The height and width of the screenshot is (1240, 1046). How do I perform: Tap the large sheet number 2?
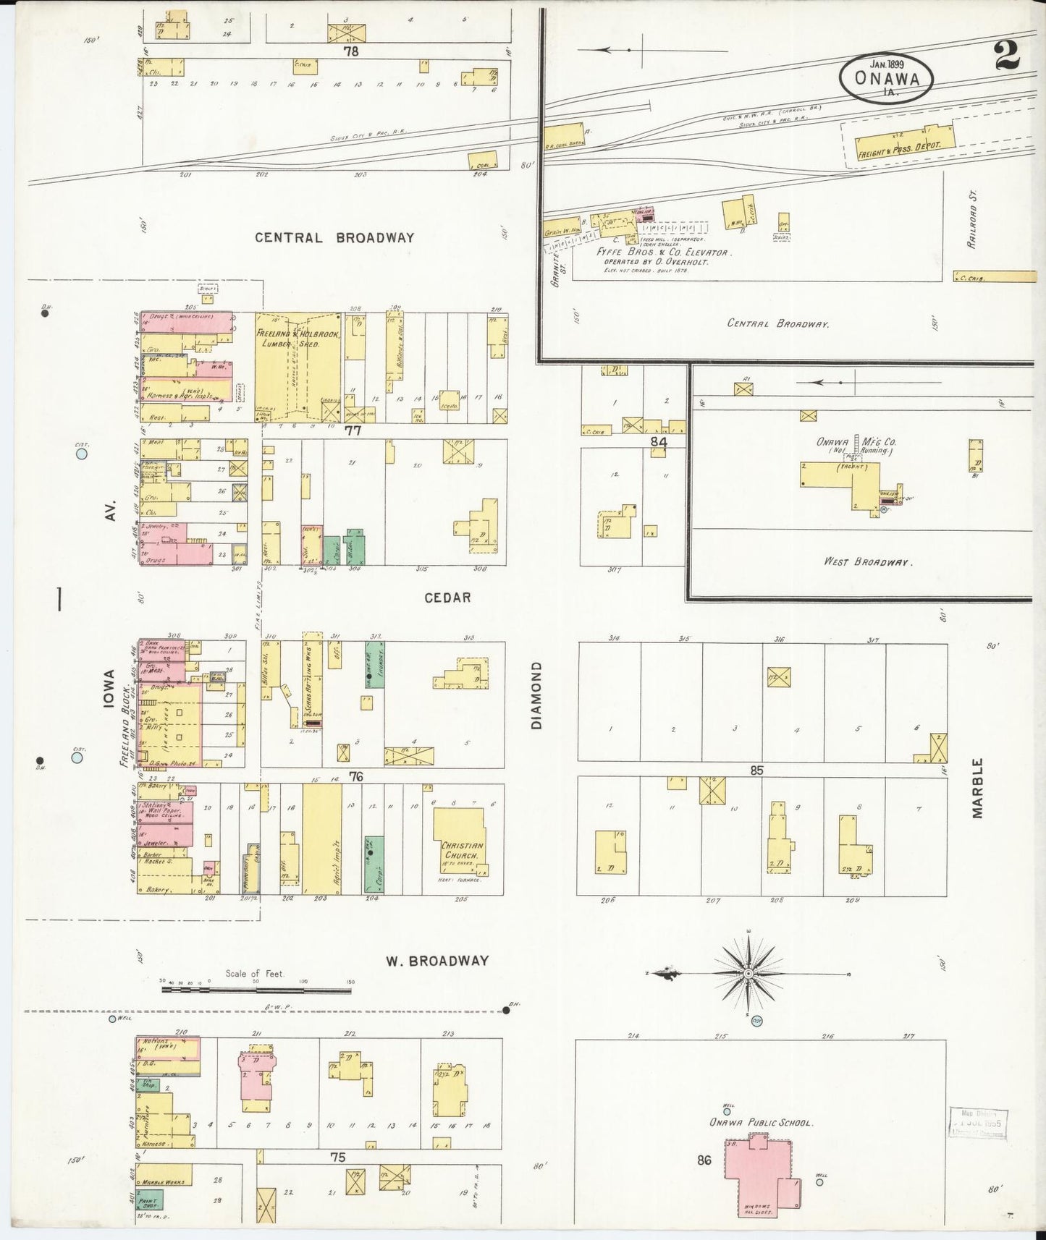pyautogui.click(x=1008, y=56)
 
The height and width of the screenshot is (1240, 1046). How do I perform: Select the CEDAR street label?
pyautogui.click(x=447, y=598)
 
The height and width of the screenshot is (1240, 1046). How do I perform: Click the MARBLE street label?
pyautogui.click(x=977, y=788)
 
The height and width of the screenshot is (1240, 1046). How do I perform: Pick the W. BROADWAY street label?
pyautogui.click(x=436, y=961)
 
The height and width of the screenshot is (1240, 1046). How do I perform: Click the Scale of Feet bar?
pyautogui.click(x=257, y=988)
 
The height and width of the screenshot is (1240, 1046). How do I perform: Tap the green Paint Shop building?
pyautogui.click(x=150, y=1199)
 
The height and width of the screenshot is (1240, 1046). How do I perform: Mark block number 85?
pyautogui.click(x=756, y=770)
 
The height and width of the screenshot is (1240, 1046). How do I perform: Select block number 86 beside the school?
pyautogui.click(x=704, y=1160)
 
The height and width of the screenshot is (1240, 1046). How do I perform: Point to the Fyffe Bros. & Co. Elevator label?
pyautogui.click(x=663, y=252)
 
